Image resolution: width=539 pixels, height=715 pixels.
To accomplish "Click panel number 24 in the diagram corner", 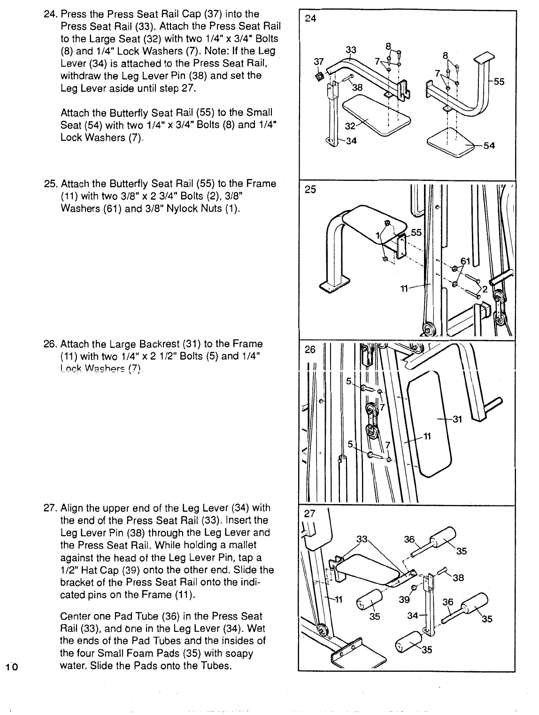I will point(310,19).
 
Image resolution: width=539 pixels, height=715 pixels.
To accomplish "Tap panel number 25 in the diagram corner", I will point(310,189).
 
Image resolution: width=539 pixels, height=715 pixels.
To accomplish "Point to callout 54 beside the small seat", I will point(489,146).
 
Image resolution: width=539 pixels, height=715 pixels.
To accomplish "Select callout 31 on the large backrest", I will point(457,420).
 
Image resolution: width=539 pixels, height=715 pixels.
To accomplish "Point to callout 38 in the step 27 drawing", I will point(458,577).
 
